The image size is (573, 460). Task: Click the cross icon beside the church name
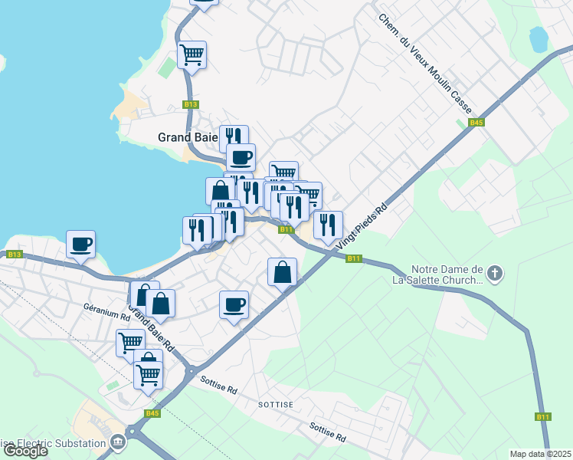(496, 272)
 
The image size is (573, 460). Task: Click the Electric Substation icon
(118, 442)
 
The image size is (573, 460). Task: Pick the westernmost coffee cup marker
(80, 245)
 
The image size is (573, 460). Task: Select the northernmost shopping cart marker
(192, 54)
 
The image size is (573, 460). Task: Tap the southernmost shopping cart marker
(148, 376)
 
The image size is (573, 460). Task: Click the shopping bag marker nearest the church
(283, 271)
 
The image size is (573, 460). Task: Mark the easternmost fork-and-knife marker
(328, 225)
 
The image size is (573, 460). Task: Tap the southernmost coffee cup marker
(234, 304)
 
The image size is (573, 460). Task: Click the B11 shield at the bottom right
(543, 416)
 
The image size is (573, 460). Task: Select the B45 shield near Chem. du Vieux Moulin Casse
(476, 122)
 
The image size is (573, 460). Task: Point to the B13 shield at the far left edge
(13, 254)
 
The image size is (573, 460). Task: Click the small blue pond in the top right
(539, 38)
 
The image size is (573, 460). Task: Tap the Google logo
(25, 451)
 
